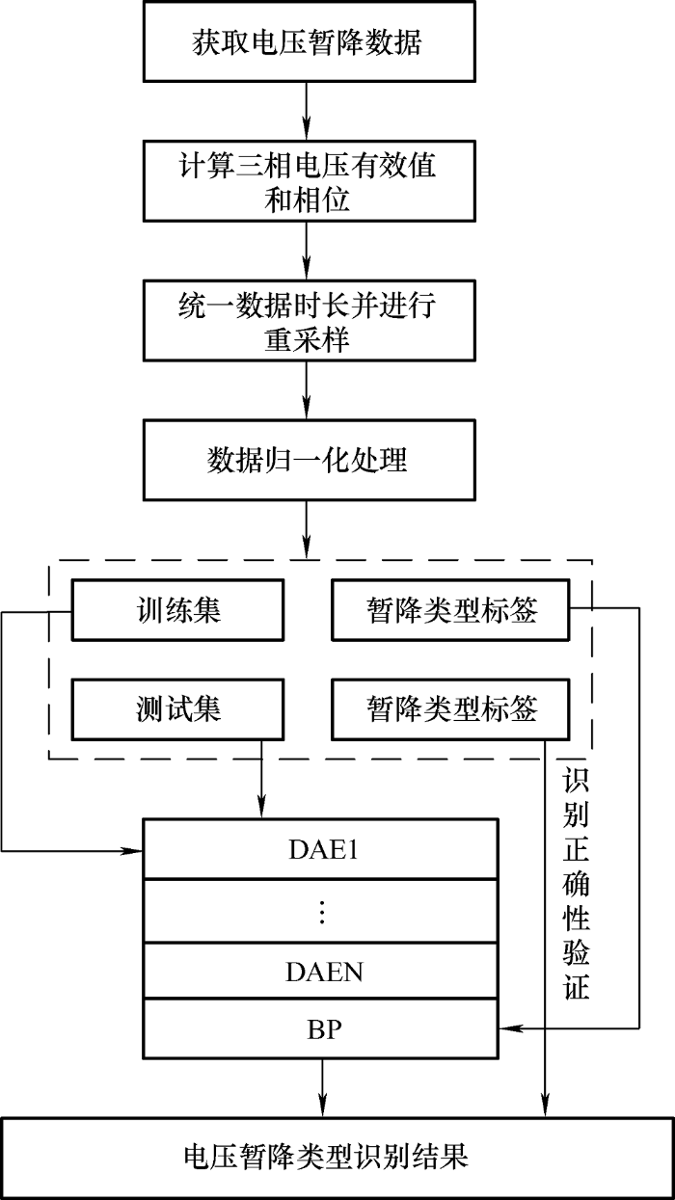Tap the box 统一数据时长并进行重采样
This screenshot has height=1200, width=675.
point(307,323)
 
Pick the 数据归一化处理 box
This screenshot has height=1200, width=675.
point(307,460)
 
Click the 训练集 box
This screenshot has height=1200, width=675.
point(178,609)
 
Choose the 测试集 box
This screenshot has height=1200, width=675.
point(178,709)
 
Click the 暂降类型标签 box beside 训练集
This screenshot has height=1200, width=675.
point(450,609)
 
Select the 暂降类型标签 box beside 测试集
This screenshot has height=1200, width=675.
point(450,709)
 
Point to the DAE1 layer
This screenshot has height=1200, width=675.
point(321,849)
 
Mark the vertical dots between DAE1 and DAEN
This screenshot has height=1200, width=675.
point(321,911)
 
